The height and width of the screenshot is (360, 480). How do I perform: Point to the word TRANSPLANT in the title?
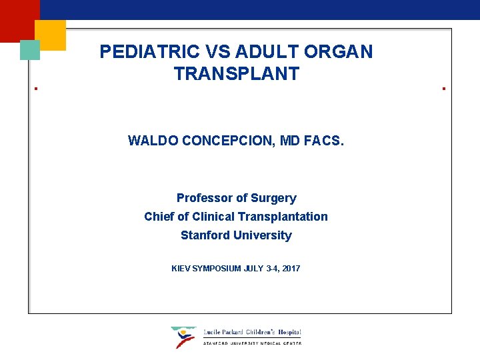pos(237,74)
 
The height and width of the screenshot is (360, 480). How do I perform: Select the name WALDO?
pos(152,141)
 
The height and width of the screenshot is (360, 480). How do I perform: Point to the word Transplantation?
pos(284,217)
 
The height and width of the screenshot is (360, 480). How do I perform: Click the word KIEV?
pos(181,269)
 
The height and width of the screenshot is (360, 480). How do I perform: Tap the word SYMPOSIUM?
pos(217,269)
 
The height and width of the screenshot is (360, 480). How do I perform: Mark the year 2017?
pos(291,269)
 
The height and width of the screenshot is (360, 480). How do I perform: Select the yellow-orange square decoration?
pos(50,35)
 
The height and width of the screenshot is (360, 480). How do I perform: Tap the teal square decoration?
pos(30,50)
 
